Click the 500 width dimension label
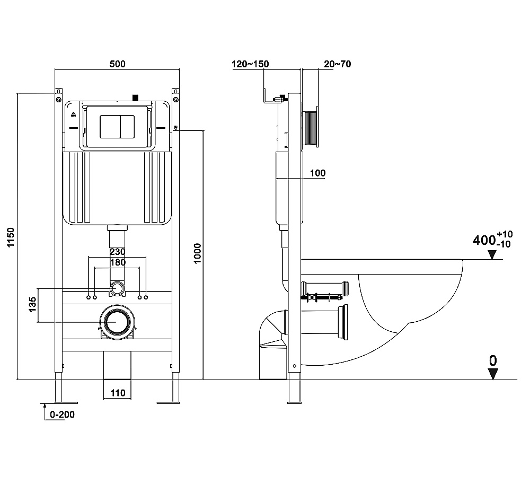[117, 64]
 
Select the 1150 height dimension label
[11, 237]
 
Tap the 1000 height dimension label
[197, 253]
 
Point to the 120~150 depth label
[250, 64]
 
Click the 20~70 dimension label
[337, 64]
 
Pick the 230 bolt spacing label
[117, 252]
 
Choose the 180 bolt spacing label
[118, 262]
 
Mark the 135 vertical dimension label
[32, 304]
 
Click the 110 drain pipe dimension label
[118, 393]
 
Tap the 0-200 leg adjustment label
[62, 414]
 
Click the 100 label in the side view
[317, 173]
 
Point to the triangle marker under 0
[493, 374]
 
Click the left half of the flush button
[110, 127]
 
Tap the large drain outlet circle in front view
[117, 322]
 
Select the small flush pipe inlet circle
[117, 289]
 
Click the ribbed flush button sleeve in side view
[311, 128]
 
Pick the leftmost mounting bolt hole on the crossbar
[89, 297]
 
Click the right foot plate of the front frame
[169, 403]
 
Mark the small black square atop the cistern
[136, 98]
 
